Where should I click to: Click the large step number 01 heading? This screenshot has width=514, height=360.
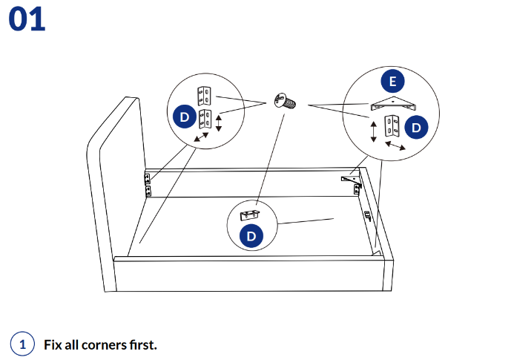(27, 19)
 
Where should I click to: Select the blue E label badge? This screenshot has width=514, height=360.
(392, 81)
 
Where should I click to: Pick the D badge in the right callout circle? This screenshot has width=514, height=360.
(416, 127)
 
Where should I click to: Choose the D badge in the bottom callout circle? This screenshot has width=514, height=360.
(251, 236)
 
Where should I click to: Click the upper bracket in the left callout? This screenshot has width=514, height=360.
(204, 95)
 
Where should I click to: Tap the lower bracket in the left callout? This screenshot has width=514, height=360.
(204, 120)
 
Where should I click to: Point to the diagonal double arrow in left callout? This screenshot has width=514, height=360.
(199, 140)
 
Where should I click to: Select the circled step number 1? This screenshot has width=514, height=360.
(22, 344)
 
